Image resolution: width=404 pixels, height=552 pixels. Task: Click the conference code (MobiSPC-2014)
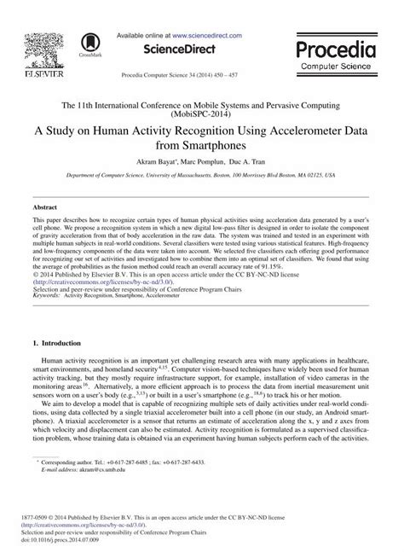202,111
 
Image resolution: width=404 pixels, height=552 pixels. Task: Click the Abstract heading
44,206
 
